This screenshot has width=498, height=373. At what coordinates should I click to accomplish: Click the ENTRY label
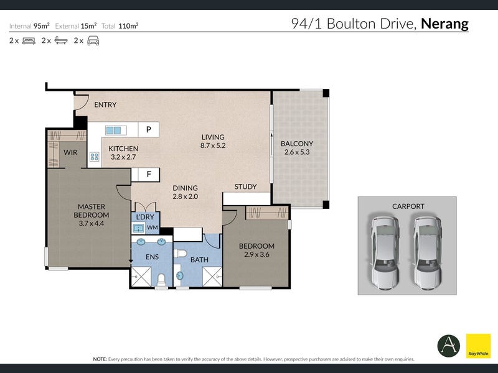click(105, 104)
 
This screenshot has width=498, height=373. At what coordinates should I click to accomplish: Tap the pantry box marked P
click(148, 129)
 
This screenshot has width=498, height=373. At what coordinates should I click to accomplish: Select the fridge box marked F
click(148, 174)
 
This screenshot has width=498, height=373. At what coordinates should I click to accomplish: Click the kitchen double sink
click(113, 130)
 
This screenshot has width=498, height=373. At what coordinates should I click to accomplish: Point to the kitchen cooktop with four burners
click(95, 157)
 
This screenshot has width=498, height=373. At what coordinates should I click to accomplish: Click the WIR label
click(70, 152)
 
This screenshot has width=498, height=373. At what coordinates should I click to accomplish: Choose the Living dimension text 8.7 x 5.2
click(213, 145)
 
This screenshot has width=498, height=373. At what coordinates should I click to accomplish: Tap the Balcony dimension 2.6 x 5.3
click(297, 152)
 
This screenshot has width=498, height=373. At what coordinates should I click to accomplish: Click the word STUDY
click(245, 186)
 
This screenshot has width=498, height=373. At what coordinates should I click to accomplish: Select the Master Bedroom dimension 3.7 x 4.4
click(92, 223)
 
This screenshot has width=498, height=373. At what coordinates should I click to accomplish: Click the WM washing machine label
click(153, 228)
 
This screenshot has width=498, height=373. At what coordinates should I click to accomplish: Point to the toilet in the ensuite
click(161, 280)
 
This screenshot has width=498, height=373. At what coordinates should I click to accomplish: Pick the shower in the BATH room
click(212, 277)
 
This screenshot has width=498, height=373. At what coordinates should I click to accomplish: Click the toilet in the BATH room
click(180, 254)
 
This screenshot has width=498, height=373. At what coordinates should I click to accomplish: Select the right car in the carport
click(428, 253)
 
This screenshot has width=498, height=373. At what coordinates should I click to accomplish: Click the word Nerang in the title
click(444, 24)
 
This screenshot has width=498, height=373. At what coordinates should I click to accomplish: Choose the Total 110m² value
click(128, 26)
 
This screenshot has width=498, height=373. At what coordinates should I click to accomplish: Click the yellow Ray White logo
click(478, 346)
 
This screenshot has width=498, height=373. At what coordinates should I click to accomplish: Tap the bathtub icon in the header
click(61, 40)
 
